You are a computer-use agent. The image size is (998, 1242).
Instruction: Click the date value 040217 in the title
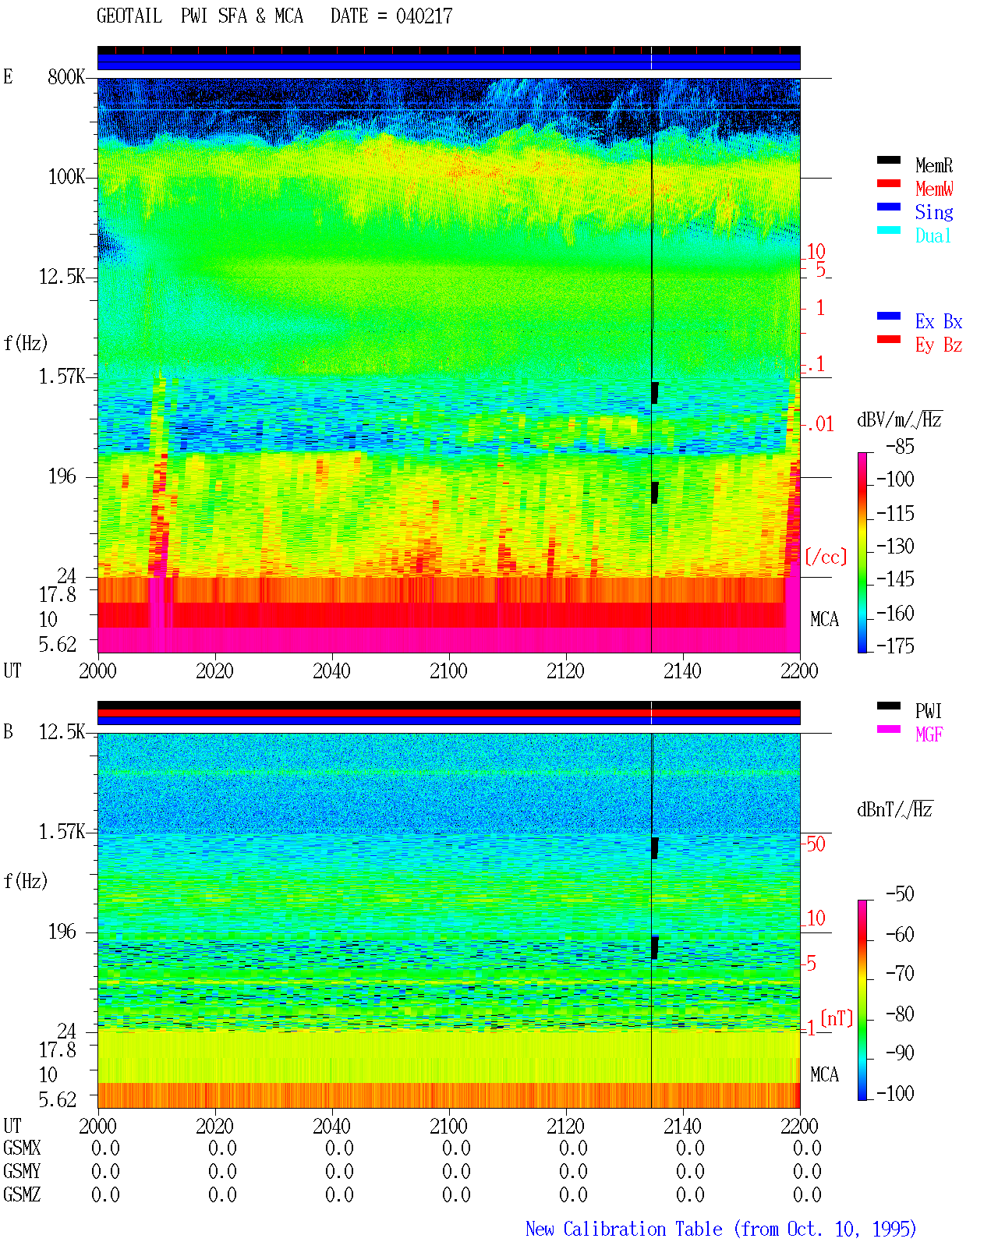click(x=423, y=16)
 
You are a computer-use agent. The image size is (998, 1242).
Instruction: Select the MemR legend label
click(x=933, y=165)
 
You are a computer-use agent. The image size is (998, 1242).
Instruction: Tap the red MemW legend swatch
click(x=888, y=183)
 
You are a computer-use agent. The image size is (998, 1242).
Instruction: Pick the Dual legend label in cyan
click(x=933, y=235)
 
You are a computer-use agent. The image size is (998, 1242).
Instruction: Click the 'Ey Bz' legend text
click(x=939, y=345)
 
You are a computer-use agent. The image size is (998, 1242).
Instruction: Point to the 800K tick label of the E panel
click(x=66, y=76)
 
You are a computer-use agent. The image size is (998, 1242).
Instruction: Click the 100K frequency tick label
click(x=66, y=177)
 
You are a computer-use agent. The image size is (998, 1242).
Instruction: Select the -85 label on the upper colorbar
click(x=900, y=446)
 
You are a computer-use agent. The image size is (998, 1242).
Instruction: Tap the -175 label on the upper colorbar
click(x=895, y=646)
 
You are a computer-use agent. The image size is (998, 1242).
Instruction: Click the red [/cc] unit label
click(x=826, y=557)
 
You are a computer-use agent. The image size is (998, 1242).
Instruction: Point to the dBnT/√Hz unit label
click(x=894, y=809)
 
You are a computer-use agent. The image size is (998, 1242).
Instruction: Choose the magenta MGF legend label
click(x=929, y=734)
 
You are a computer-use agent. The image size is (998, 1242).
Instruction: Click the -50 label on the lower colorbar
click(x=900, y=894)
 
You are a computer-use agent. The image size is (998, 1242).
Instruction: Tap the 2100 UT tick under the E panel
click(x=448, y=671)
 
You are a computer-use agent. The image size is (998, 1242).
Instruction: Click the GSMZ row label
click(x=22, y=1194)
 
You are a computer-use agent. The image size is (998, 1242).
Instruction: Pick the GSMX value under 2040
click(x=339, y=1148)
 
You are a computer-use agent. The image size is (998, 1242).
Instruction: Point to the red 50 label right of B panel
click(x=816, y=844)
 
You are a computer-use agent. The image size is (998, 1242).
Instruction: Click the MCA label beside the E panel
click(x=824, y=619)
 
